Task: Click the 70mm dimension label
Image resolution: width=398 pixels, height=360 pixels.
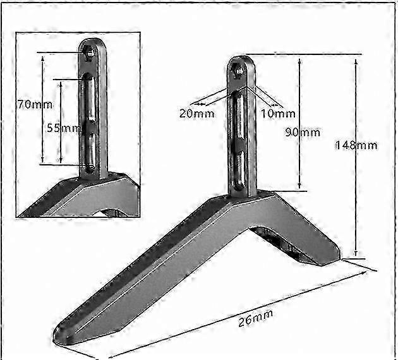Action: (x=35, y=104)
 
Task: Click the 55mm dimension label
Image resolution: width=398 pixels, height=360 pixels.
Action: (x=63, y=128)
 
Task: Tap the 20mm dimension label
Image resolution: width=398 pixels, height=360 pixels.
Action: (x=196, y=114)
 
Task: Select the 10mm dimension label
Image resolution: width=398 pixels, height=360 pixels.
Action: (x=278, y=114)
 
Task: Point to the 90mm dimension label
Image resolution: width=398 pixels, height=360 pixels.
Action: (x=303, y=132)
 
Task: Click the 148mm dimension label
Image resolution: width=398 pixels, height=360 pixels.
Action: (x=356, y=145)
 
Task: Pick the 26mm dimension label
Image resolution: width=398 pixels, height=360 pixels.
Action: (x=256, y=318)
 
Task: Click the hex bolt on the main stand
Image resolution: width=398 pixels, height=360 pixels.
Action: (x=239, y=70)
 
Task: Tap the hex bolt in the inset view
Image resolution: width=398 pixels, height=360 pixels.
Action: (x=89, y=53)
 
